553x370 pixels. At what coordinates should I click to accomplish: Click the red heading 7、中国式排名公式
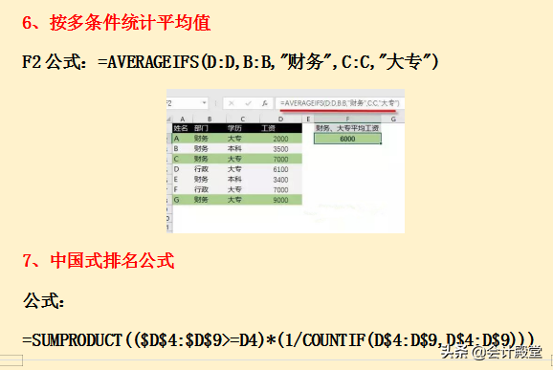[99, 260]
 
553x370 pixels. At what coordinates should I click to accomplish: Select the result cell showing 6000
[347, 139]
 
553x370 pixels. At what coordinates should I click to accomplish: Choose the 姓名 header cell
[180, 127]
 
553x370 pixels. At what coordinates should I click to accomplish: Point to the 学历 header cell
[235, 127]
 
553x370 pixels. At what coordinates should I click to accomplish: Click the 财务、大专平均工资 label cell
[346, 127]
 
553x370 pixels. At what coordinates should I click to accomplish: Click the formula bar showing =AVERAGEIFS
[340, 102]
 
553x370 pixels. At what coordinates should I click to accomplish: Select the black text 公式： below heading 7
[44, 300]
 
